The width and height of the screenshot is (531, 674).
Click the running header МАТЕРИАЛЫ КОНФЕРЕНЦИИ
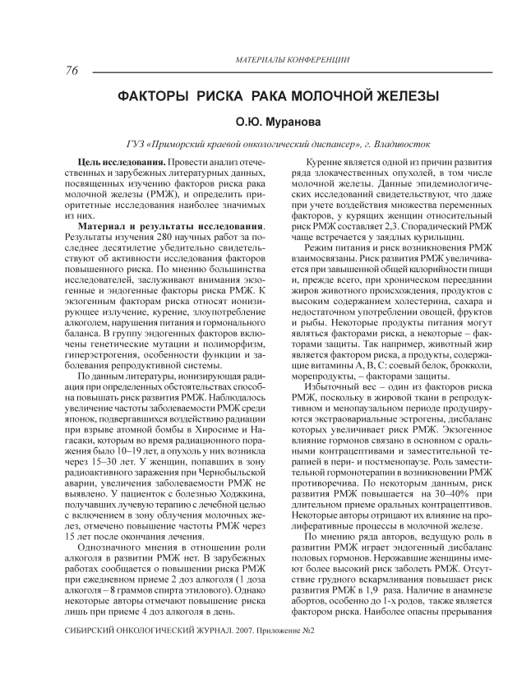[x=292, y=61]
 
